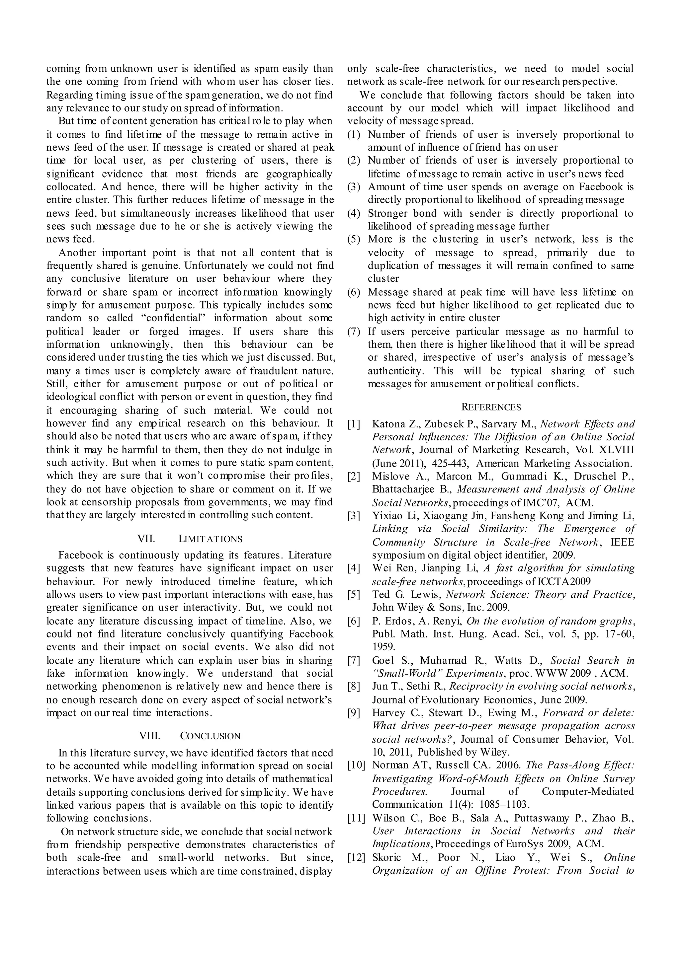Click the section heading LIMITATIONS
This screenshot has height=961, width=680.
[x=210, y=539]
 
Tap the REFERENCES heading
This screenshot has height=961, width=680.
[x=491, y=407]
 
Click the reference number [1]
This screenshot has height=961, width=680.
[x=354, y=424]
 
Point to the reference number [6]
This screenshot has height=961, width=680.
[x=354, y=621]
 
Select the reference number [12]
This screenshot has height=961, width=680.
[x=356, y=857]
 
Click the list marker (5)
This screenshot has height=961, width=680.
[x=354, y=239]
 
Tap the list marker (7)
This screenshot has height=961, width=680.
[x=354, y=332]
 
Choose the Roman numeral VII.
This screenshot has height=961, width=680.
[x=146, y=539]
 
